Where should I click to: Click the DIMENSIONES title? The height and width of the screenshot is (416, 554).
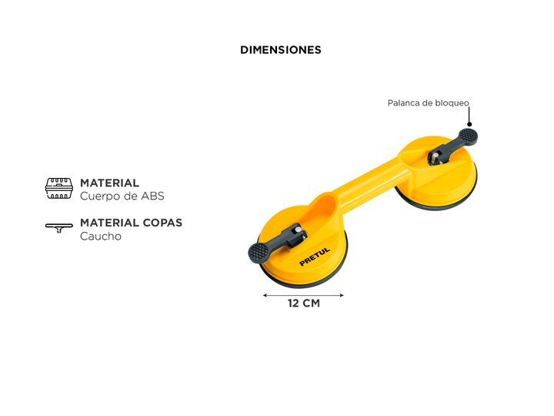tap(280, 50)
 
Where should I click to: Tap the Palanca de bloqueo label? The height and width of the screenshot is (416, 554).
tap(428, 103)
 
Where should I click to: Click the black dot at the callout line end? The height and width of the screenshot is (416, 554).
tap(469, 124)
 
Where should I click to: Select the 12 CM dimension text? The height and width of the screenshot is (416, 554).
tap(303, 304)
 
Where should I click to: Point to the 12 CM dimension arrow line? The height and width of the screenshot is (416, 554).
tap(303, 294)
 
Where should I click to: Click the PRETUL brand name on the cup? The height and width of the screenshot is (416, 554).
tap(315, 257)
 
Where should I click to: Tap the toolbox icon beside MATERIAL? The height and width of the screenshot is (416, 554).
tap(59, 189)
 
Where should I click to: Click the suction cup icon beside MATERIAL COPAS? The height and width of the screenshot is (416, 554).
tap(59, 228)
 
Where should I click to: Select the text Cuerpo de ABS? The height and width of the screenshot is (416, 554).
tap(122, 196)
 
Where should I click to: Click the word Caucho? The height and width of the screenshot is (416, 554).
tap(101, 237)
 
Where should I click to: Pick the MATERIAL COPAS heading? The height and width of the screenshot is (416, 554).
tap(131, 223)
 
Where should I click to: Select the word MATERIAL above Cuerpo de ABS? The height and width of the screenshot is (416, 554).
tap(109, 183)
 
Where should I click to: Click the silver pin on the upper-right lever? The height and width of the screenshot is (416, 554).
tap(436, 159)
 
